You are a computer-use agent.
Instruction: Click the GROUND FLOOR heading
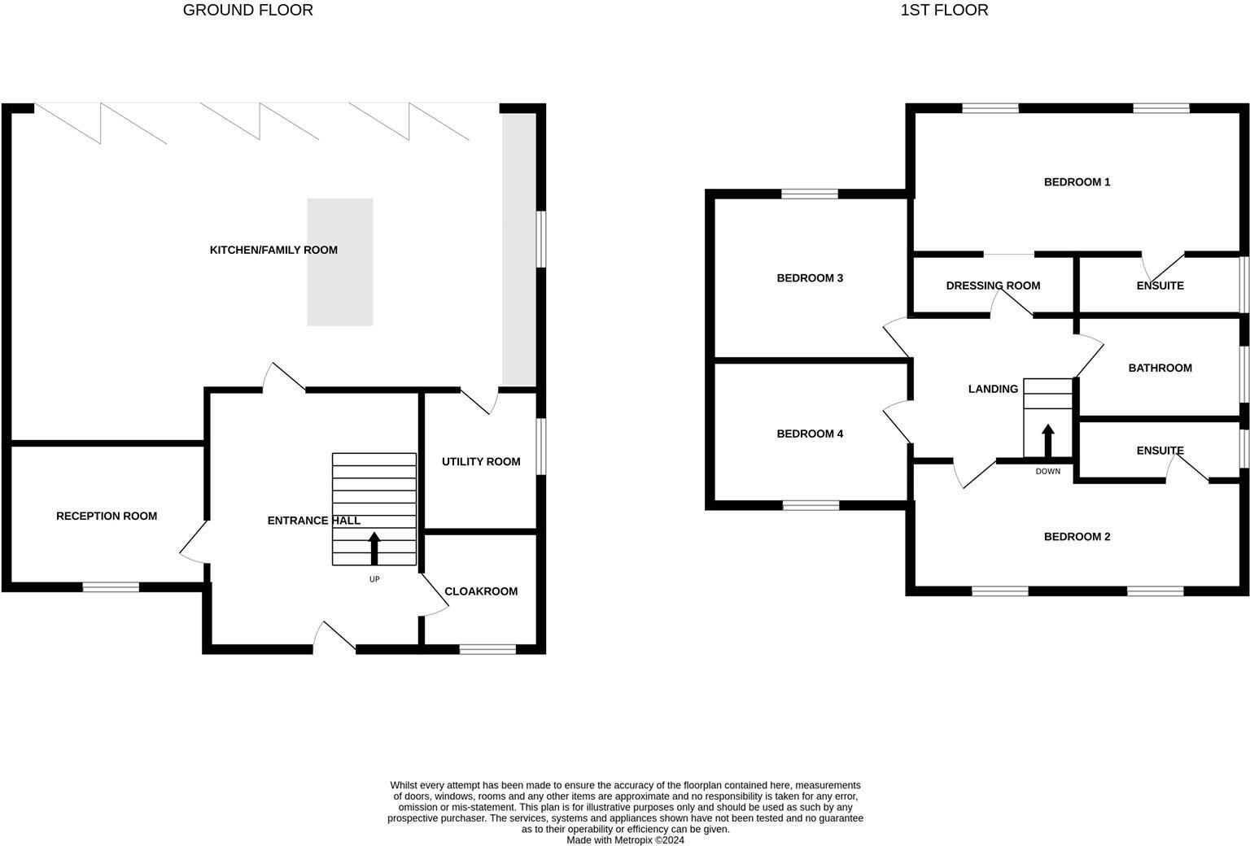(247, 11)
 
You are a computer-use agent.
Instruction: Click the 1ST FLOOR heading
(944, 11)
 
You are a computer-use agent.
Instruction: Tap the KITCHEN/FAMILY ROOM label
(273, 250)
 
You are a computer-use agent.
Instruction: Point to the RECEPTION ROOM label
(107, 516)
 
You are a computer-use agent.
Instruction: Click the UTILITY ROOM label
(481, 461)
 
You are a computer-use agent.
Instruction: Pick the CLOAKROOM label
(481, 591)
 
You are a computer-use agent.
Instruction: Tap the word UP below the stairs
(374, 579)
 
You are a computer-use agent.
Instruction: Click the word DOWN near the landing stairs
(1048, 471)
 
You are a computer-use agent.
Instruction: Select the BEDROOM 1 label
(1077, 182)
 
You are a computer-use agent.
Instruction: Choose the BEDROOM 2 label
(1077, 537)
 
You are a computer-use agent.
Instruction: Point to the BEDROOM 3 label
(810, 278)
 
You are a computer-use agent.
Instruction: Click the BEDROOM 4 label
(810, 434)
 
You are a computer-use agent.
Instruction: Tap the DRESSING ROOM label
(993, 286)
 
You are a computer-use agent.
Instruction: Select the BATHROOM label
(1160, 368)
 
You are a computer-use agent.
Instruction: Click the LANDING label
(993, 389)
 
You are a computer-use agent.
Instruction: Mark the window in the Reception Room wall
(111, 587)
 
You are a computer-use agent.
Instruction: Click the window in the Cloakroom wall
(487, 649)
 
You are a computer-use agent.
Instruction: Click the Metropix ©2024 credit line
(625, 840)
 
